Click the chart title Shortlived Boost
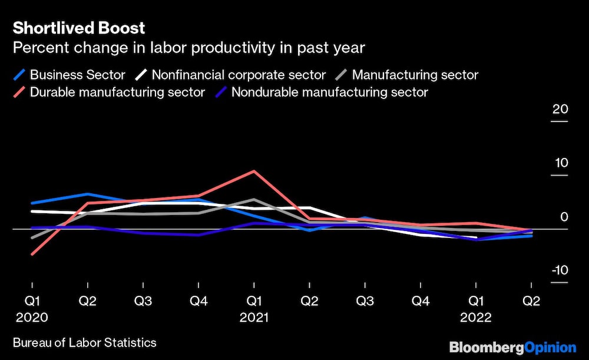pos(79,28)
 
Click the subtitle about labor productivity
pos(188,48)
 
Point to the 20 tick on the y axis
pos(560,110)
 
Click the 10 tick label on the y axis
pos(560,163)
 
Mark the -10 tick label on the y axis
pos(559,270)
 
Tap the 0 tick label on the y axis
pos(564,217)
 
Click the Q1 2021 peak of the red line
pos(254,171)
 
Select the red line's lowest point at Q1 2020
pos(32,254)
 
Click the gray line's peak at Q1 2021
pos(254,200)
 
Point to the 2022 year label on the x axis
pos(477,317)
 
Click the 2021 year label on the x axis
pos(254,317)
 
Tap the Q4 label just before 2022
pos(421,301)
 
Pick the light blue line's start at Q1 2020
pos(32,203)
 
